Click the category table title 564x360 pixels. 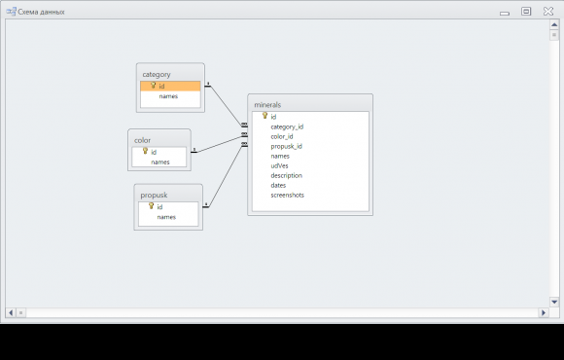click(157, 75)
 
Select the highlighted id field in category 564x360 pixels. click(170, 86)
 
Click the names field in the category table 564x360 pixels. click(168, 96)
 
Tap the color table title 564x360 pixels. click(142, 140)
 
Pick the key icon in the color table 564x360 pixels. click(145, 151)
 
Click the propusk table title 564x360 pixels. click(154, 196)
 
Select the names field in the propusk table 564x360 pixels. click(166, 217)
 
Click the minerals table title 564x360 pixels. click(267, 105)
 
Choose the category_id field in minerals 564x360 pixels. click(287, 126)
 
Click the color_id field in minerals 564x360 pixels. click(282, 136)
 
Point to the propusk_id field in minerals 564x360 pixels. click(286, 146)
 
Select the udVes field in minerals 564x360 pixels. click(279, 165)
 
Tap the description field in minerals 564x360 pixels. click(286, 176)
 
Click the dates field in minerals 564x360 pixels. click(278, 185)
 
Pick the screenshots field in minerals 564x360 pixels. click(288, 196)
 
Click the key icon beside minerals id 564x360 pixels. click(265, 116)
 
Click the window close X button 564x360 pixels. click(548, 11)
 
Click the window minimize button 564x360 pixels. click(505, 14)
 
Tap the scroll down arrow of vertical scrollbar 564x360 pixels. click(554, 302)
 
